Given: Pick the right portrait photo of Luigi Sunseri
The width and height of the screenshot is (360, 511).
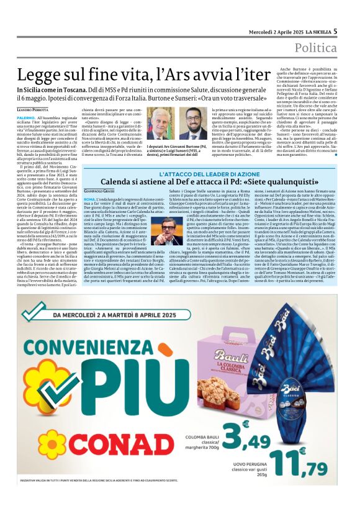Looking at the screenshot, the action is pyautogui.click(x=194, y=124).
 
